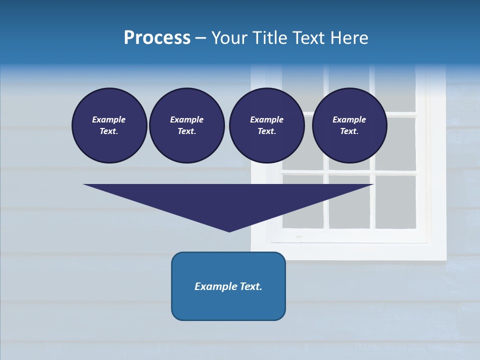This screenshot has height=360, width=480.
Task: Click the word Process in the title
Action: point(157,37)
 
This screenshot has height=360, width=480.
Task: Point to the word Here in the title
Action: point(348,37)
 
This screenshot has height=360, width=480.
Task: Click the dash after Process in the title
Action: point(201,38)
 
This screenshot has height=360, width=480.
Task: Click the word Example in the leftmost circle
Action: point(109,119)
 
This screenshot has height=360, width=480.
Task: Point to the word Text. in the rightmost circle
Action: point(349,131)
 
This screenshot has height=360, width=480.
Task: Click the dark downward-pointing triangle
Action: point(229,200)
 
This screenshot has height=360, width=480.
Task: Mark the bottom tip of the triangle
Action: point(229,230)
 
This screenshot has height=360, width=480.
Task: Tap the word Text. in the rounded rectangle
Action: point(251,286)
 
